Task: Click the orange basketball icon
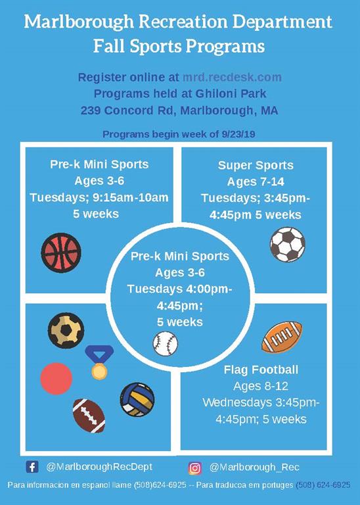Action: point(61,252)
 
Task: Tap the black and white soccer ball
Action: point(287,245)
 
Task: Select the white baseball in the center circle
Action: point(166,343)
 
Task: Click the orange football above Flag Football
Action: point(282,337)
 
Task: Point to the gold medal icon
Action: point(99,362)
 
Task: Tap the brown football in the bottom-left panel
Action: point(89,415)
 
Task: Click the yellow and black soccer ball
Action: point(66,329)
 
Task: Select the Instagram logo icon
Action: point(195,468)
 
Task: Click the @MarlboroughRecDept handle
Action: point(99,467)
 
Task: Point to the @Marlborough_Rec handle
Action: point(254,468)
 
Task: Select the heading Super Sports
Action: point(256,165)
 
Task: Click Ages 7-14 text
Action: point(256,181)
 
